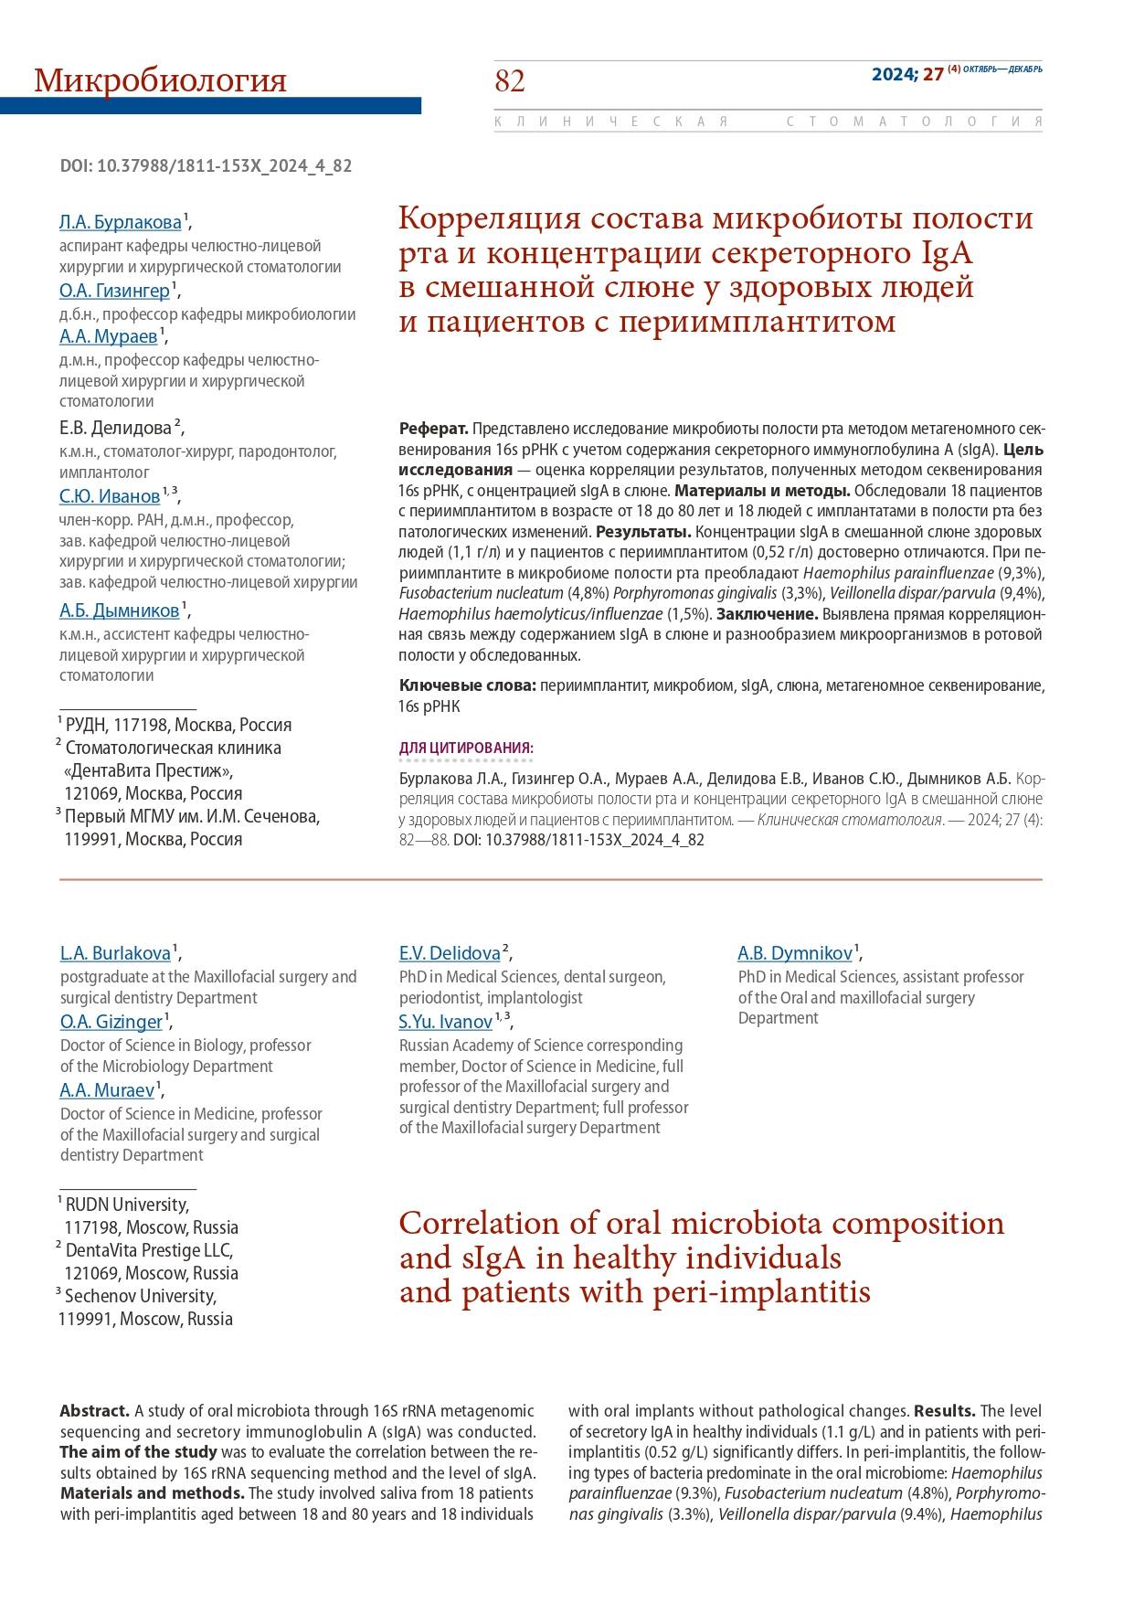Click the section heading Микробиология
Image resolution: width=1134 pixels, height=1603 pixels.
(160, 81)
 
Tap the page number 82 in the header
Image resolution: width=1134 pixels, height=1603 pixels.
(510, 81)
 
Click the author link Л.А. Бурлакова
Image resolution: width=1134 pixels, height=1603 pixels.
(120, 222)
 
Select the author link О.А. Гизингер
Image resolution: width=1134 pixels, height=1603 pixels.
(114, 291)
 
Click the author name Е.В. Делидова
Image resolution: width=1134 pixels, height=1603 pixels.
(115, 428)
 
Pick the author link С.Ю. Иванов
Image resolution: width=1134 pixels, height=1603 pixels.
(110, 496)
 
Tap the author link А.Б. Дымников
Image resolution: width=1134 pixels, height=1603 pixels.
(120, 610)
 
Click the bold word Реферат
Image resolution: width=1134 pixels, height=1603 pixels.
(433, 429)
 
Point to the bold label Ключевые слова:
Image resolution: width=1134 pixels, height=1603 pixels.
(468, 685)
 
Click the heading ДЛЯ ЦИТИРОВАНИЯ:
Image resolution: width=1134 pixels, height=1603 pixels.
(466, 748)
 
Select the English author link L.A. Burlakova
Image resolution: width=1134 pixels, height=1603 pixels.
(115, 953)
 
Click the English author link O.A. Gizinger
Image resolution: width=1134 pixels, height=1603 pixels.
(111, 1021)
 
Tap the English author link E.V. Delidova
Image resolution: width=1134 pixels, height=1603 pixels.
(450, 953)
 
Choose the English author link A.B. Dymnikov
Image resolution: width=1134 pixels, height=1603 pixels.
(795, 953)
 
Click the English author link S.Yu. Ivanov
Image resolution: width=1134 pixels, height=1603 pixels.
(446, 1022)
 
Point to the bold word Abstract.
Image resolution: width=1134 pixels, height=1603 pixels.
(95, 1411)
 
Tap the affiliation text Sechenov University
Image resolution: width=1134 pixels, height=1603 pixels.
(140, 1296)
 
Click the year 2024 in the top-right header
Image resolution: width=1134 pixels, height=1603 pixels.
(892, 75)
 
